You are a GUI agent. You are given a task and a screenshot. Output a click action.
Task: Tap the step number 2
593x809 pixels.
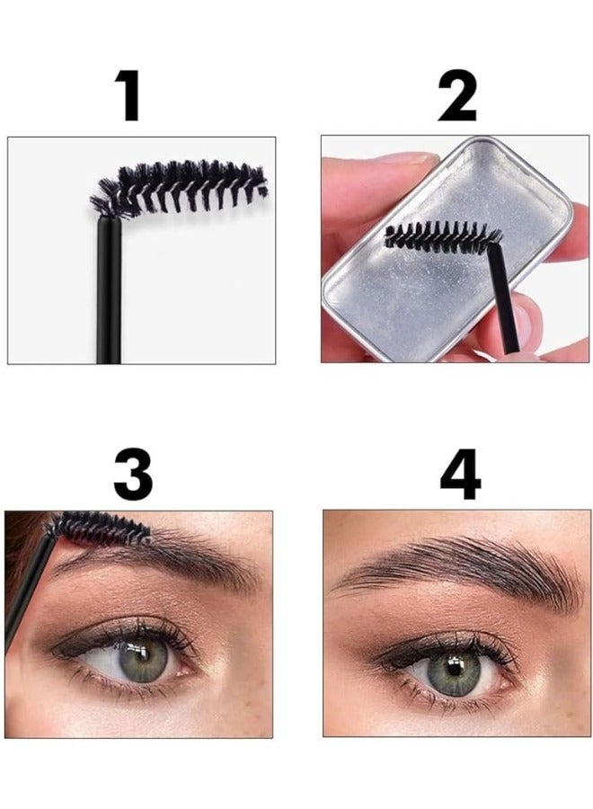456,96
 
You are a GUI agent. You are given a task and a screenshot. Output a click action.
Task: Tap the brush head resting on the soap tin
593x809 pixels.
440,237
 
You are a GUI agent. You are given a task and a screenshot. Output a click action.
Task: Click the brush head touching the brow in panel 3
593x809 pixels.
99,528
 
